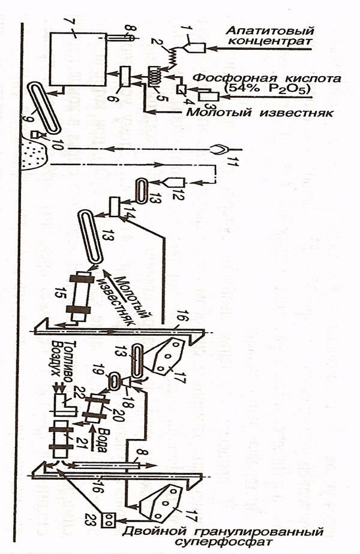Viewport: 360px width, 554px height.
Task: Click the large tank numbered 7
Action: click(x=76, y=59)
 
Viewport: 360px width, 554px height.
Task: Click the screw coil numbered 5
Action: click(x=155, y=78)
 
